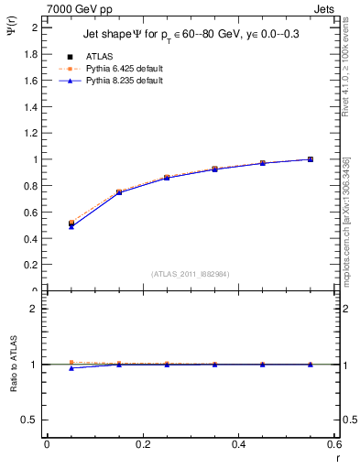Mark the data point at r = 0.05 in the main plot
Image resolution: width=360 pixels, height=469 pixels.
click(x=71, y=223)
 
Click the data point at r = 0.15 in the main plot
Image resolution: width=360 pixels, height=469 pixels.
click(x=119, y=192)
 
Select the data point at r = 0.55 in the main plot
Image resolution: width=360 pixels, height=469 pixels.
click(x=311, y=159)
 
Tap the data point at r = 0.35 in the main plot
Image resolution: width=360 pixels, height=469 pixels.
click(x=214, y=169)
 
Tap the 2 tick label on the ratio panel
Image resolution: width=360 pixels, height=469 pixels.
click(x=35, y=309)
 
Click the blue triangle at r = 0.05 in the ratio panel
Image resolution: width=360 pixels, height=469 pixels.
click(x=71, y=367)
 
